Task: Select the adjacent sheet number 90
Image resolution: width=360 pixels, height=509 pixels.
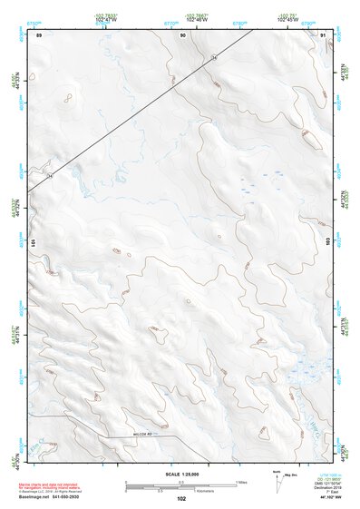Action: point(183,35)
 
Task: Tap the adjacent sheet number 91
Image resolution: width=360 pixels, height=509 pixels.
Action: point(324,35)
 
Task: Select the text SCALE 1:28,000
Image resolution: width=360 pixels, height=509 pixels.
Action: point(181,474)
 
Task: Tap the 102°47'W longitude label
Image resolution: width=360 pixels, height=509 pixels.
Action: point(108,18)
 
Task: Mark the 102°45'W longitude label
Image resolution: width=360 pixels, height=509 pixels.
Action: point(287,18)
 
